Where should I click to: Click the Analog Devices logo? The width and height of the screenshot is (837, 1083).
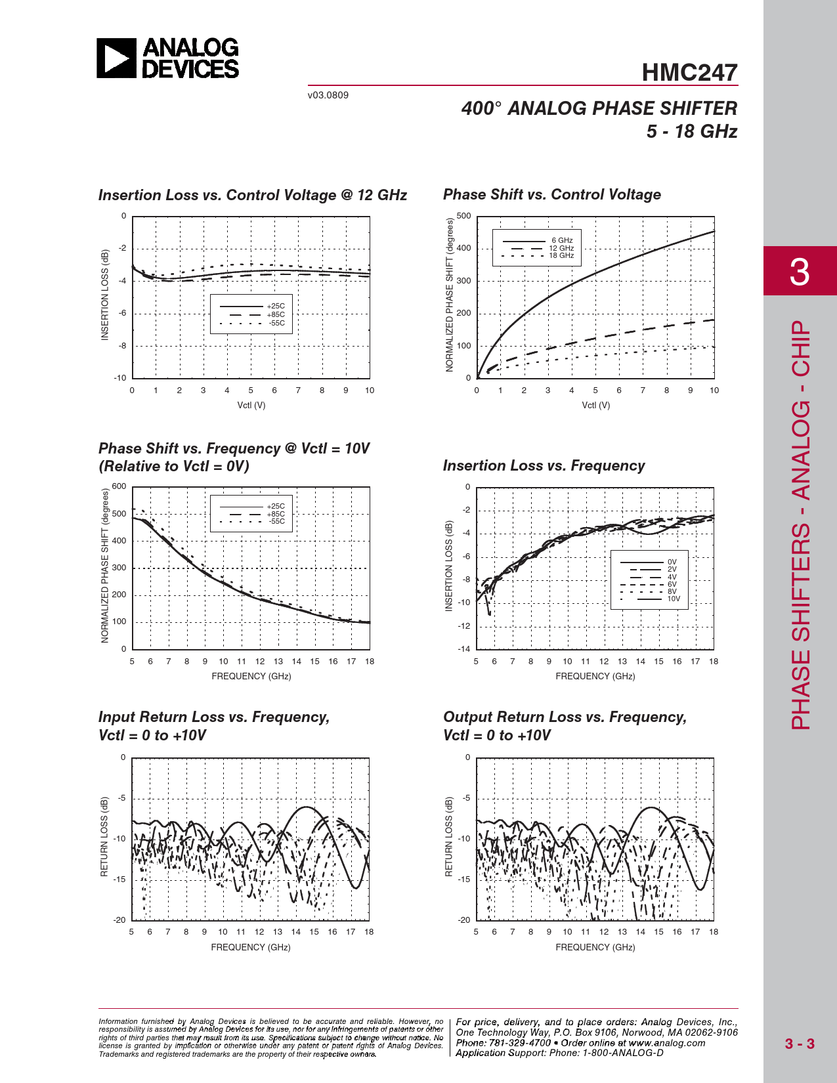click(x=168, y=58)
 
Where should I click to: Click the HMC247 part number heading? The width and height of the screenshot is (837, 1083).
click(x=689, y=73)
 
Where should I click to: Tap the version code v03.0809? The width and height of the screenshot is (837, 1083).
click(x=328, y=95)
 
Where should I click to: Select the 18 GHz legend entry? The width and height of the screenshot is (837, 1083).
click(x=561, y=256)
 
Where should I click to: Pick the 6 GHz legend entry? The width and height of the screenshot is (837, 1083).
click(x=562, y=241)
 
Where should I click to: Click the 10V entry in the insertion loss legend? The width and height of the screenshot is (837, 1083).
click(x=674, y=599)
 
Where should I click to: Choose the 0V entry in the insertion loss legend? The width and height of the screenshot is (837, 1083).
click(x=672, y=563)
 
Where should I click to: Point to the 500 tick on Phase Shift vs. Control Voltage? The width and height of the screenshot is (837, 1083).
click(x=463, y=216)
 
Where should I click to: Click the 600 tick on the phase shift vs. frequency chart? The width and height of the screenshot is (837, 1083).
click(x=119, y=486)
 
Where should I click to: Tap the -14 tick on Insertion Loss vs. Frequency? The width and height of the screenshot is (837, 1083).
click(x=464, y=649)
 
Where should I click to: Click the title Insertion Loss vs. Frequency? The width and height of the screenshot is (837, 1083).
click(x=544, y=466)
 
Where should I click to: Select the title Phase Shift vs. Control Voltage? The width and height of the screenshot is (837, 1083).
click(x=551, y=195)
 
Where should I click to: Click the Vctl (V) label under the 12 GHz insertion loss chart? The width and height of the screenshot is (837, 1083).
click(x=251, y=406)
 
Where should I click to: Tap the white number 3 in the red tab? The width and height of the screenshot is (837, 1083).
click(x=800, y=271)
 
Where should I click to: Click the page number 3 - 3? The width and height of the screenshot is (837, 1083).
click(x=800, y=1044)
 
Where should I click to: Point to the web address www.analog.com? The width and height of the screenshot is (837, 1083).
click(x=667, y=1043)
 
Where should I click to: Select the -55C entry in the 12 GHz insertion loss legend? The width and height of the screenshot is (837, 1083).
click(x=276, y=323)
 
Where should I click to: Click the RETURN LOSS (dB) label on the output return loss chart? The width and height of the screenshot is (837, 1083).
click(x=449, y=837)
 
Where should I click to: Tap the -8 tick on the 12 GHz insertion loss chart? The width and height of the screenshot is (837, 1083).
click(x=122, y=346)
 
